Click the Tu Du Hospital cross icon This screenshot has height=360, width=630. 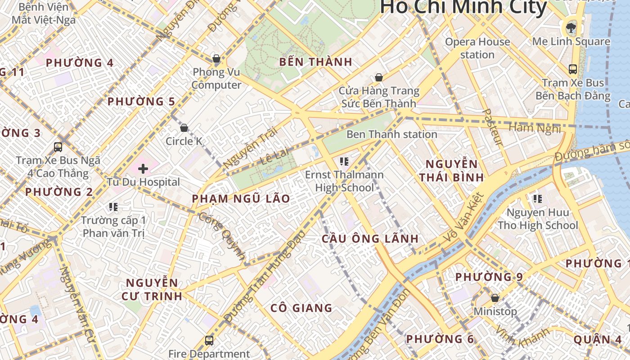[x=143, y=169]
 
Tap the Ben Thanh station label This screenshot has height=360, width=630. [x=391, y=134]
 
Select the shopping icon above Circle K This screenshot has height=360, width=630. [x=184, y=128]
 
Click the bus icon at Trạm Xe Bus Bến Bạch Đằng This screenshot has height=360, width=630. [x=573, y=69]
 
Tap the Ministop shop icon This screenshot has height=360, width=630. [x=495, y=298]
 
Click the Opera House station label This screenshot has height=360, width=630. [x=477, y=48]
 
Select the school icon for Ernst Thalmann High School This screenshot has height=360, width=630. [x=344, y=162]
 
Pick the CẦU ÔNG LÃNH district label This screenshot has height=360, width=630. [x=370, y=238]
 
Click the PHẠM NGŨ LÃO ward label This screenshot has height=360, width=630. [x=241, y=198]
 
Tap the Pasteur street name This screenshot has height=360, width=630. [x=492, y=127]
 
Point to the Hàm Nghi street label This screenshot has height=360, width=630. [x=535, y=128]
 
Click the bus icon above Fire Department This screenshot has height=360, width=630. [x=209, y=341]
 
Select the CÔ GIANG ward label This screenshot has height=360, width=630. [x=301, y=308]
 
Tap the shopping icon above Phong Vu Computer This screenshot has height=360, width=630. [x=216, y=58]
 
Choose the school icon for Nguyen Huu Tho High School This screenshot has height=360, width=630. [x=537, y=198]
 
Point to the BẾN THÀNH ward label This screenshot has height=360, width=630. [x=315, y=62]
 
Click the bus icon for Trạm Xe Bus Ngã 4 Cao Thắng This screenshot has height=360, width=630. [x=58, y=147]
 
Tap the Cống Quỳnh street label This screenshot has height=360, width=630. [x=223, y=236]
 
